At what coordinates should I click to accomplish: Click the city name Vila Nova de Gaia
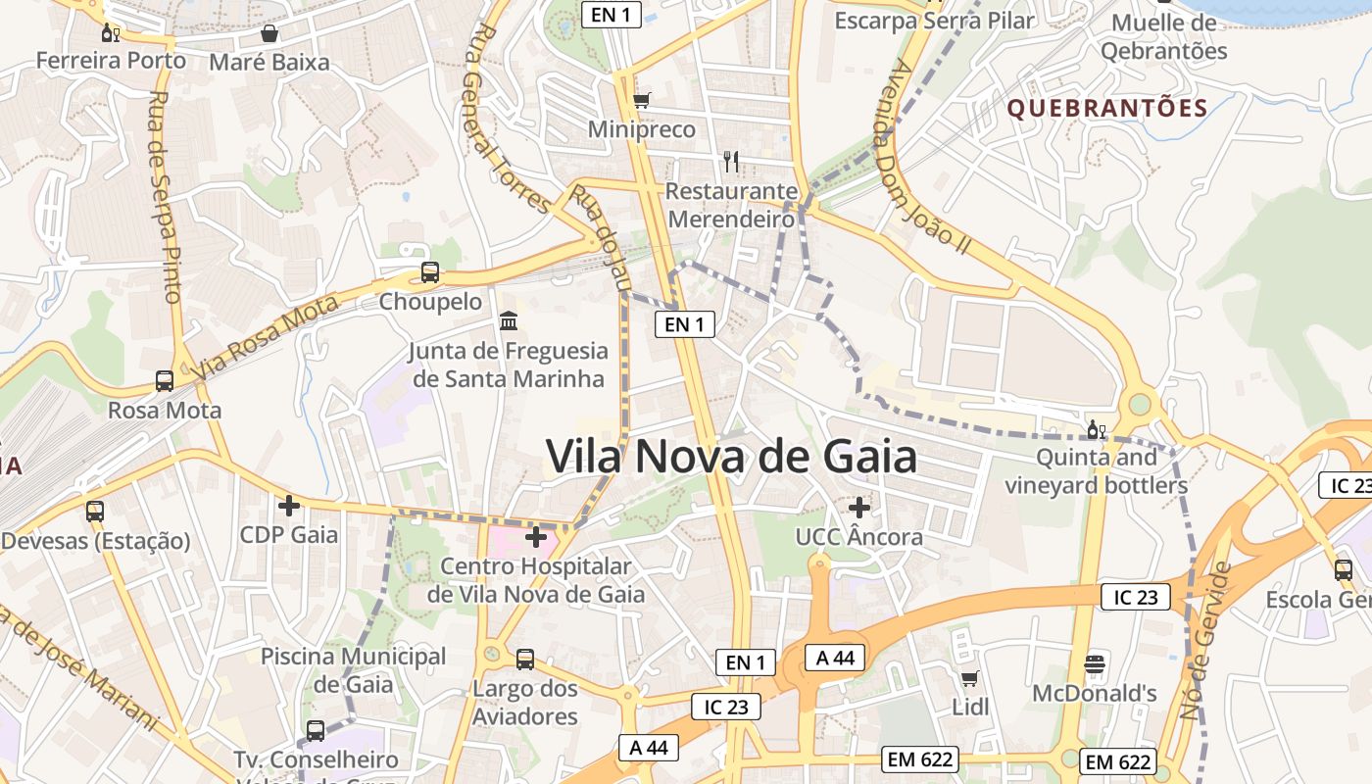[731, 457]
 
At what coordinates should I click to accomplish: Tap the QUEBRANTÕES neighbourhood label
[1107, 108]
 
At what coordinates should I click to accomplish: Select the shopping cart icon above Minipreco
[642, 100]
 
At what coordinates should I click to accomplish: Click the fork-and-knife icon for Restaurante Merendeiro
[731, 162]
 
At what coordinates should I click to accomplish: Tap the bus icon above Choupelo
[430, 272]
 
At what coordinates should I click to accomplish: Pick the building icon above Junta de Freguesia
[509, 321]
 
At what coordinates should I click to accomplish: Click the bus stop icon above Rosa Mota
[165, 381]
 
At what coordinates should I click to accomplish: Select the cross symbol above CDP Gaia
[289, 506]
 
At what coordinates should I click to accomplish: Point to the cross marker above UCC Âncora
[859, 508]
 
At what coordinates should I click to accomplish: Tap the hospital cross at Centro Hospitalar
[536, 537]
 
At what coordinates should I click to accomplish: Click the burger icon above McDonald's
[1095, 664]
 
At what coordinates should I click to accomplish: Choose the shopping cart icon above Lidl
[970, 678]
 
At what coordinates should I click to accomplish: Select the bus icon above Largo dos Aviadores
[525, 659]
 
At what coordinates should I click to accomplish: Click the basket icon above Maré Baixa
[269, 34]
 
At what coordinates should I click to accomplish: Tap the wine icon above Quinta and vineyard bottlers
[1097, 429]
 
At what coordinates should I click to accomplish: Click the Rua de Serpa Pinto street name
[165, 196]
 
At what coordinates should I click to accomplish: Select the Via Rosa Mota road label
[265, 338]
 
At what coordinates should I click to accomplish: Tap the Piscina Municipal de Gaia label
[353, 669]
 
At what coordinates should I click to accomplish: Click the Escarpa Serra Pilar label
[934, 20]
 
